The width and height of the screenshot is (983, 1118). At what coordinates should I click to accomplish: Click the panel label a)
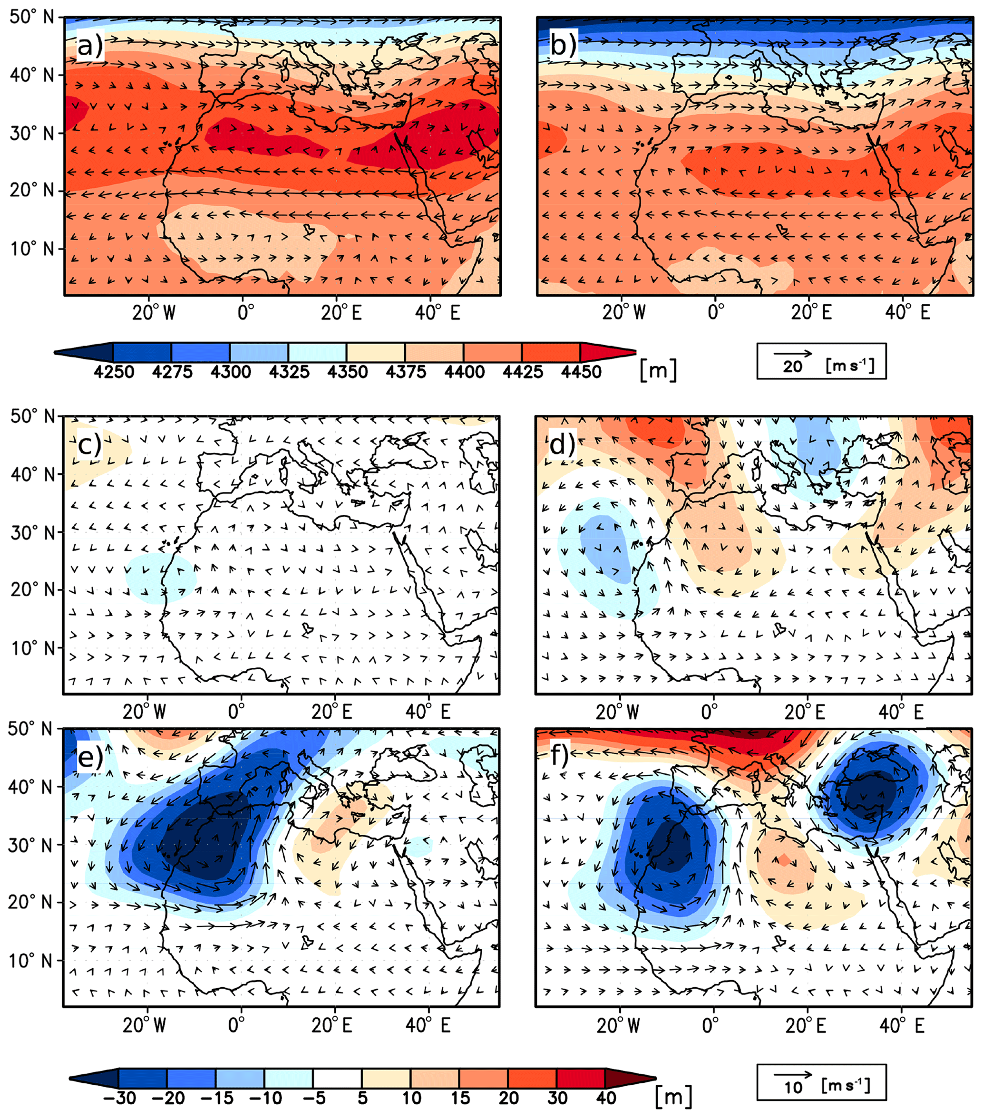point(90,46)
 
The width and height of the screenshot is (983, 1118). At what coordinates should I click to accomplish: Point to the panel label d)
point(561,444)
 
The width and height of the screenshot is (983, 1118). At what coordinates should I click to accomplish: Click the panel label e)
point(90,758)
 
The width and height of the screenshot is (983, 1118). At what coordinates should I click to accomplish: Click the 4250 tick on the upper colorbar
point(114,372)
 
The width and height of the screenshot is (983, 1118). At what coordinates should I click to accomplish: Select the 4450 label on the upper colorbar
point(581,372)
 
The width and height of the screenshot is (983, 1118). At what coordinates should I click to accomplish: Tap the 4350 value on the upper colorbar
point(347,372)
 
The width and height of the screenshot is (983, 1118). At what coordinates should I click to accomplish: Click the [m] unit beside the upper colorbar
point(658,370)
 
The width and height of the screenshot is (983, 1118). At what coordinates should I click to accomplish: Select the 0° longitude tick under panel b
point(715,312)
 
